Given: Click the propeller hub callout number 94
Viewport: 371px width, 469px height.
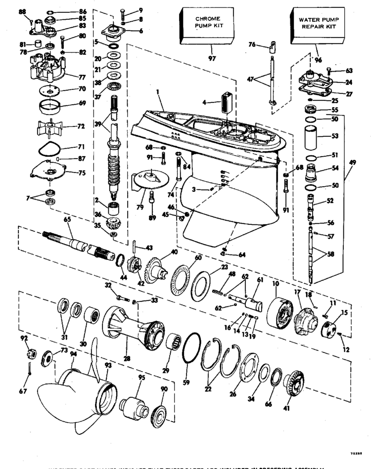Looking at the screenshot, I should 74,353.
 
